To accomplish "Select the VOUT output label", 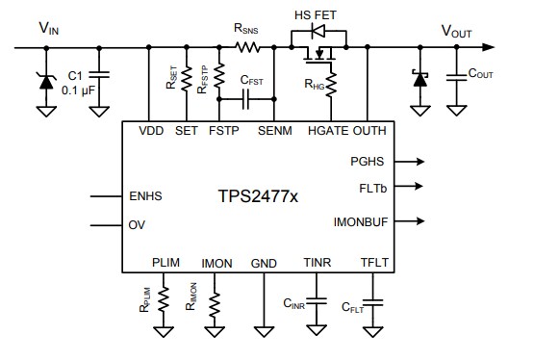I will tap(456, 30).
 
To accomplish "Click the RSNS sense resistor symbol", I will tap(249, 46).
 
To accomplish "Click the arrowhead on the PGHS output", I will tap(420, 162).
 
